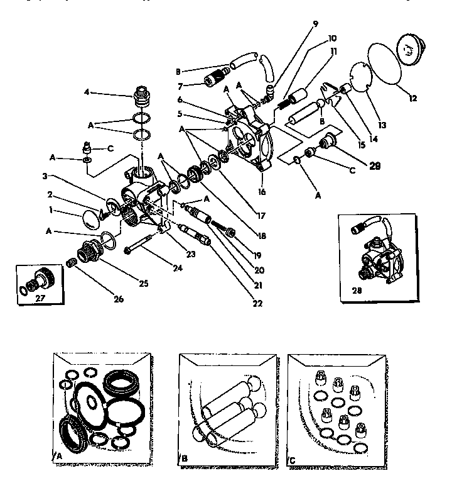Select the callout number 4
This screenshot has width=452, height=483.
[x=87, y=92]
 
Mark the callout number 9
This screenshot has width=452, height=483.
[x=315, y=24]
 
